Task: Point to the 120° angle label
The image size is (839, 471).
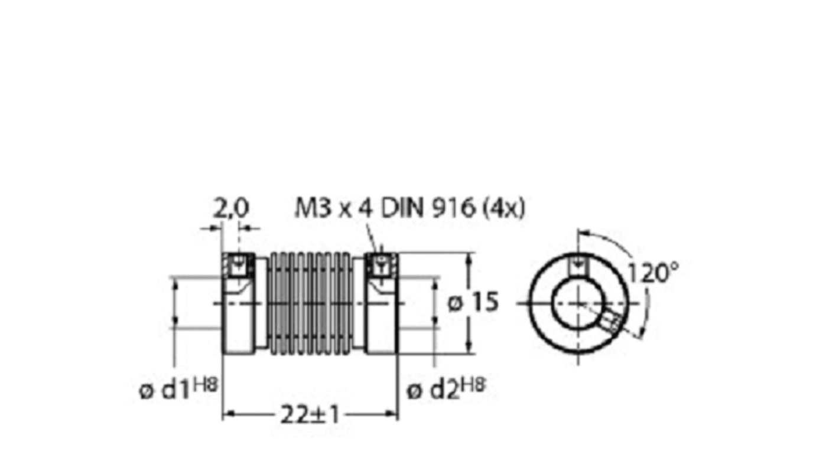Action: [x=652, y=274]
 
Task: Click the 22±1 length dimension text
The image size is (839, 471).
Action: [x=310, y=415]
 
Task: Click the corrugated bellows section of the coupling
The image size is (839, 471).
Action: [x=310, y=303]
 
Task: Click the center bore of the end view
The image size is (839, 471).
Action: [x=577, y=303]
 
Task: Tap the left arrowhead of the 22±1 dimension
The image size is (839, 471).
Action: [x=226, y=415]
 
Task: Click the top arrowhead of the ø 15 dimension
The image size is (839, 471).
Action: [x=470, y=258]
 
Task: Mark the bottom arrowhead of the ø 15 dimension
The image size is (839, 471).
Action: [x=470, y=350]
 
